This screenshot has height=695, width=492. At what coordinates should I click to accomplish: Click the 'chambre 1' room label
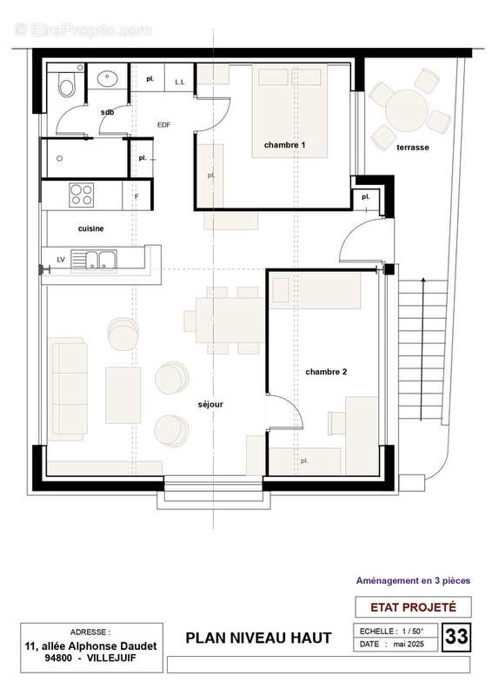[x=285, y=143]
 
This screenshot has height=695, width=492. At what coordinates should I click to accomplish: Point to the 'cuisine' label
[x=91, y=228]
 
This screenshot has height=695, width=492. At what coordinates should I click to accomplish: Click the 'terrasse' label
[x=412, y=148]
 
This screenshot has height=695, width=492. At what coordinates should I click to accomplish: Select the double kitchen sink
[x=96, y=258]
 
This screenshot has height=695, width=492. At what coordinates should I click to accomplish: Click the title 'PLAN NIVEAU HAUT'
[x=258, y=639]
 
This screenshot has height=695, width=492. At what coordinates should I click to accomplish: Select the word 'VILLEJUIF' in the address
[x=118, y=658]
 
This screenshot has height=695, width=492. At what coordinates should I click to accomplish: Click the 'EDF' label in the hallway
[x=163, y=125]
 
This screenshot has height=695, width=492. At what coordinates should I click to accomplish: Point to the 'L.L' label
[x=180, y=82]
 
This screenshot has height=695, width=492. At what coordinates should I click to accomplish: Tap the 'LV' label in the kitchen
[x=60, y=259]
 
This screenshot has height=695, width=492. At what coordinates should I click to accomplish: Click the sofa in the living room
[x=70, y=382]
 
